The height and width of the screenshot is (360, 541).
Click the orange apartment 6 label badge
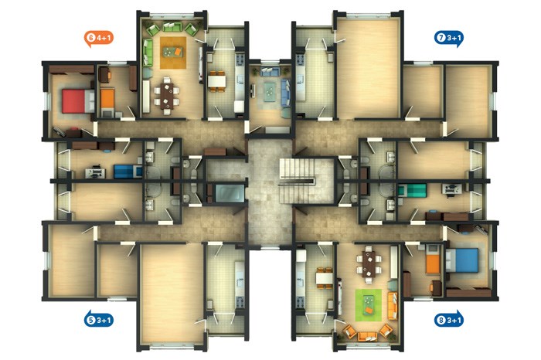pyautogui.click(x=99, y=39)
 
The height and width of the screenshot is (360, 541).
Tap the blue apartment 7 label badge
pyautogui.click(x=449, y=39)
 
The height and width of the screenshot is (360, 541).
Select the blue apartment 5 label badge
pyautogui.click(x=99, y=320)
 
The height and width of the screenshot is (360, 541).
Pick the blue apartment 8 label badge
pyautogui.click(x=449, y=320)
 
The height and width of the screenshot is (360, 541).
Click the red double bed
pyautogui.click(x=78, y=101)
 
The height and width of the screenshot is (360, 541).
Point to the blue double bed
pyautogui.click(x=462, y=260)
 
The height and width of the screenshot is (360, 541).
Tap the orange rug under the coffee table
pyautogui.click(x=173, y=53)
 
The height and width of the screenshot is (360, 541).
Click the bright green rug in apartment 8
pyautogui.click(x=369, y=305)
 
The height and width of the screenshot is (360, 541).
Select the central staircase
pyautogui.click(x=297, y=181)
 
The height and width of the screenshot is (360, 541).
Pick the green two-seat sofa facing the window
pyautogui.click(x=172, y=27)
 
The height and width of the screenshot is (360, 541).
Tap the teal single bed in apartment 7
pyautogui.click(x=412, y=190)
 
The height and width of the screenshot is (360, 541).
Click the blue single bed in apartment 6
pyautogui.click(x=128, y=172)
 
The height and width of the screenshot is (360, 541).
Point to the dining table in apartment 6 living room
pyautogui.click(x=167, y=96)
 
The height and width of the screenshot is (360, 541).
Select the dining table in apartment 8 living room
pyautogui.click(x=369, y=263)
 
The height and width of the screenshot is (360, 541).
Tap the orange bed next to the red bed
pyautogui.click(x=107, y=99)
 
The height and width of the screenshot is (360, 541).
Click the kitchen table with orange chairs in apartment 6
pyautogui.click(x=216, y=81)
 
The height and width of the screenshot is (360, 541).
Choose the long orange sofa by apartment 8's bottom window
pyautogui.click(x=367, y=335)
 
